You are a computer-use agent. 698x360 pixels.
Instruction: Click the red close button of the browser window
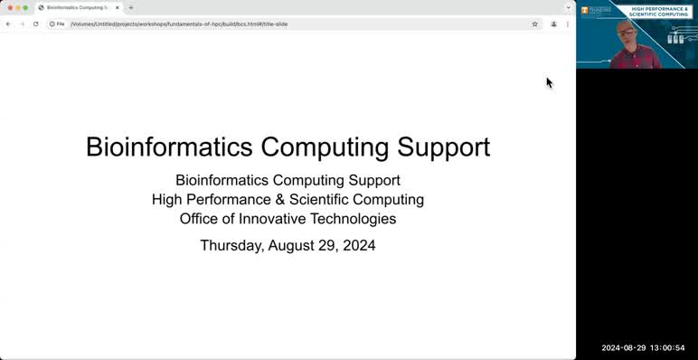10,7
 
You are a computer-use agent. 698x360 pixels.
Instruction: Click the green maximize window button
25,7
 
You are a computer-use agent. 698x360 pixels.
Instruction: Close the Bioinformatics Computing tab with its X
118,7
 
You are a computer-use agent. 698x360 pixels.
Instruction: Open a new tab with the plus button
131,7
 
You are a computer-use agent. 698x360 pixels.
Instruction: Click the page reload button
35,24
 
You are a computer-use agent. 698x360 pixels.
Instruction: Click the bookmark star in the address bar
535,24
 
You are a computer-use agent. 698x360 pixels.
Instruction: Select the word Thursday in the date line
231,245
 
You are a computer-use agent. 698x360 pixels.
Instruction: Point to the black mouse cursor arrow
549,82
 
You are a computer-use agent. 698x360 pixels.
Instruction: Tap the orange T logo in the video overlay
585,10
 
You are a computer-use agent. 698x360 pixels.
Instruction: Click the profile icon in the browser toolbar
553,24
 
